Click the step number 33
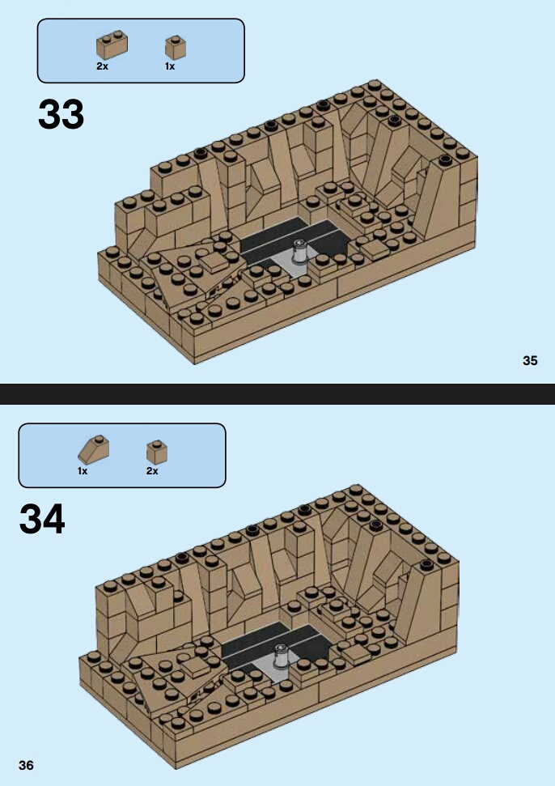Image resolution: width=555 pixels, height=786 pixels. [x=61, y=114]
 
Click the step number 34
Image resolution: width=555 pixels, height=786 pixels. [x=42, y=520]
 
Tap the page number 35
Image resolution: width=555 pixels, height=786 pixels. [x=530, y=360]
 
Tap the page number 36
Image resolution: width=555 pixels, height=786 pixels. [x=26, y=765]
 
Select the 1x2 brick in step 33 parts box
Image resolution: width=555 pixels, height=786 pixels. [x=112, y=45]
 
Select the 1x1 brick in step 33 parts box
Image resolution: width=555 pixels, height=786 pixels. [x=176, y=48]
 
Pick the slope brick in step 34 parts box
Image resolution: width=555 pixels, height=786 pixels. [x=93, y=449]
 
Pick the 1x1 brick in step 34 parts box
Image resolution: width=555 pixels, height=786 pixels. [x=157, y=452]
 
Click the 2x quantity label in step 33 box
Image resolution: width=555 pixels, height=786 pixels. [x=102, y=66]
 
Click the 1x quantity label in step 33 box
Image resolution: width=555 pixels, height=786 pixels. [x=170, y=66]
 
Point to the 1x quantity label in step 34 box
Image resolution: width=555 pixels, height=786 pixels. [x=83, y=471]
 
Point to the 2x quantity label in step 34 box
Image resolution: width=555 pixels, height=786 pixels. [x=152, y=471]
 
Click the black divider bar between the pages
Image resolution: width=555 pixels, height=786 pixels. [x=277, y=394]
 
